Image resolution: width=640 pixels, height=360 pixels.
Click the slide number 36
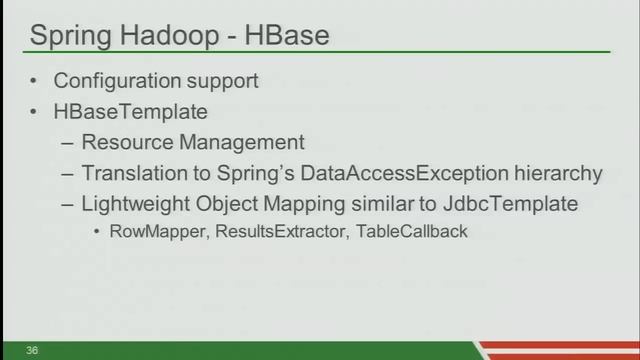(33, 350)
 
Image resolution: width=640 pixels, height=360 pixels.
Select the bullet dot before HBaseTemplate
(34, 111)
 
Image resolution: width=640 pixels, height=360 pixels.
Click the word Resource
(125, 142)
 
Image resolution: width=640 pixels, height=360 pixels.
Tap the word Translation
(131, 173)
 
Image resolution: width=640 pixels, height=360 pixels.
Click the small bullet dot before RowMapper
(96, 232)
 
